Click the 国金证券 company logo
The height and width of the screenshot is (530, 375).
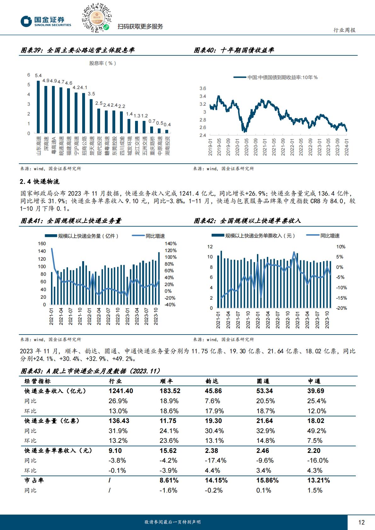tap(46, 21)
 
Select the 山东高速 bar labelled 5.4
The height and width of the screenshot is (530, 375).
tap(38, 107)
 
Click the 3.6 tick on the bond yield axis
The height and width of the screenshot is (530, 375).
tap(203, 88)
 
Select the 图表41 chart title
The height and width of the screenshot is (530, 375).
tap(71, 221)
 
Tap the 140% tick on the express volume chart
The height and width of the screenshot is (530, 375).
tap(170, 244)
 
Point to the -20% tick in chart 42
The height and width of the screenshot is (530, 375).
tap(341, 308)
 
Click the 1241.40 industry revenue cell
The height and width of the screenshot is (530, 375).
tap(121, 391)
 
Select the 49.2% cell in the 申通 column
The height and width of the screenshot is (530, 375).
tap(317, 431)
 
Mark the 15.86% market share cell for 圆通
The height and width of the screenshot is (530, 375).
tap(267, 480)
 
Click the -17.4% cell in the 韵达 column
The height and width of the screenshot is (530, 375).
tap(216, 460)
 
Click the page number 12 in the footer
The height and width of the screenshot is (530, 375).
tap(361, 522)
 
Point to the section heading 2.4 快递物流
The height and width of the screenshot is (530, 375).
tap(40, 182)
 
